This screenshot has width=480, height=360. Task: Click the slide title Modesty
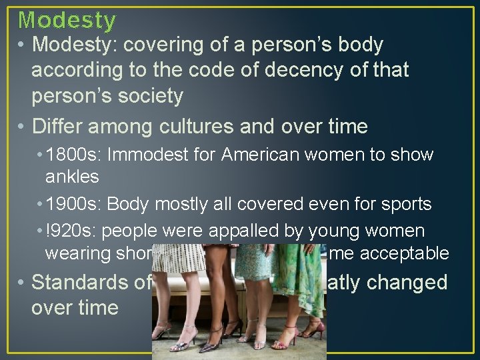click(x=67, y=20)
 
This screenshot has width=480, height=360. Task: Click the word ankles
click(x=72, y=176)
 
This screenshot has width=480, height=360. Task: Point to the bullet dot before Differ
click(x=21, y=126)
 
